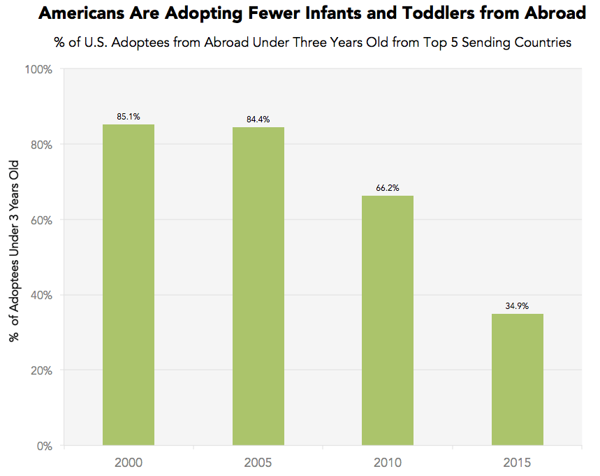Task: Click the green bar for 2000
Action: click(x=129, y=285)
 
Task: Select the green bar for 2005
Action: click(x=258, y=287)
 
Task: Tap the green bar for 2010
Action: click(x=388, y=321)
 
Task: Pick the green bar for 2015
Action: click(x=518, y=380)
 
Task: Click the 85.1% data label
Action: click(x=129, y=117)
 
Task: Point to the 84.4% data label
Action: click(x=258, y=120)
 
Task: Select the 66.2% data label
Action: click(x=388, y=188)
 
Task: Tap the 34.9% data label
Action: click(x=518, y=306)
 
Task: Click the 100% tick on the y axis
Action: click(x=39, y=69)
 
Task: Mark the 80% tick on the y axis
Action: click(x=41, y=145)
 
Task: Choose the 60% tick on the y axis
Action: click(x=41, y=219)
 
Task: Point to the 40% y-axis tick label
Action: click(x=41, y=295)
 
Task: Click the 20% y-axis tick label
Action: click(x=41, y=370)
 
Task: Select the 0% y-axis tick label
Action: click(x=44, y=445)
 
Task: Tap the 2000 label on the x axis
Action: click(x=129, y=463)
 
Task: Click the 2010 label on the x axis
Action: click(x=388, y=463)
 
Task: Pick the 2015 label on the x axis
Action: click(x=518, y=463)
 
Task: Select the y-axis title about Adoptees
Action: click(x=13, y=250)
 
